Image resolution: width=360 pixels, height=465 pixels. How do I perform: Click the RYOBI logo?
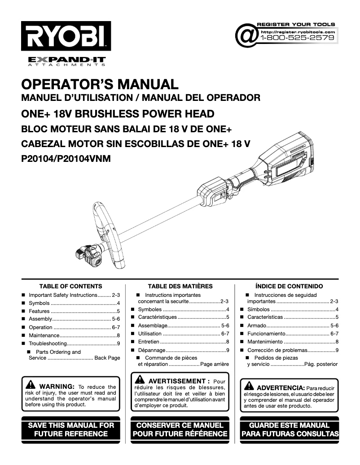coord(66,36)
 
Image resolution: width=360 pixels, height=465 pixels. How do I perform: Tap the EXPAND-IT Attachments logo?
coord(67,61)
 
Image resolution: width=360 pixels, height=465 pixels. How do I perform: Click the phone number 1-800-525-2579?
coord(297,38)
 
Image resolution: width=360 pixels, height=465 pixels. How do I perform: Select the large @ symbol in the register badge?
coord(246,36)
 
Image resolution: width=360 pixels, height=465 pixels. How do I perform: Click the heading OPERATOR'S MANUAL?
coord(100,84)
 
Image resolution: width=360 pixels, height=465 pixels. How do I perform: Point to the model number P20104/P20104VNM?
coord(66,158)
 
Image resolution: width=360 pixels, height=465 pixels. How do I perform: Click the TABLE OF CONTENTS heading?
coord(70,286)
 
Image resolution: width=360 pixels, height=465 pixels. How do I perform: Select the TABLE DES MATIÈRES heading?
coord(180,286)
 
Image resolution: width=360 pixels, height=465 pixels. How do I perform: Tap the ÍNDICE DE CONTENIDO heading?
coord(289,286)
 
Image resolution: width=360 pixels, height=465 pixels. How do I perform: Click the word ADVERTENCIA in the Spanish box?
coord(280,387)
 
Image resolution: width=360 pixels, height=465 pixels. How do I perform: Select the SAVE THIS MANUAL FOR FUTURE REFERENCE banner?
coord(71,429)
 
